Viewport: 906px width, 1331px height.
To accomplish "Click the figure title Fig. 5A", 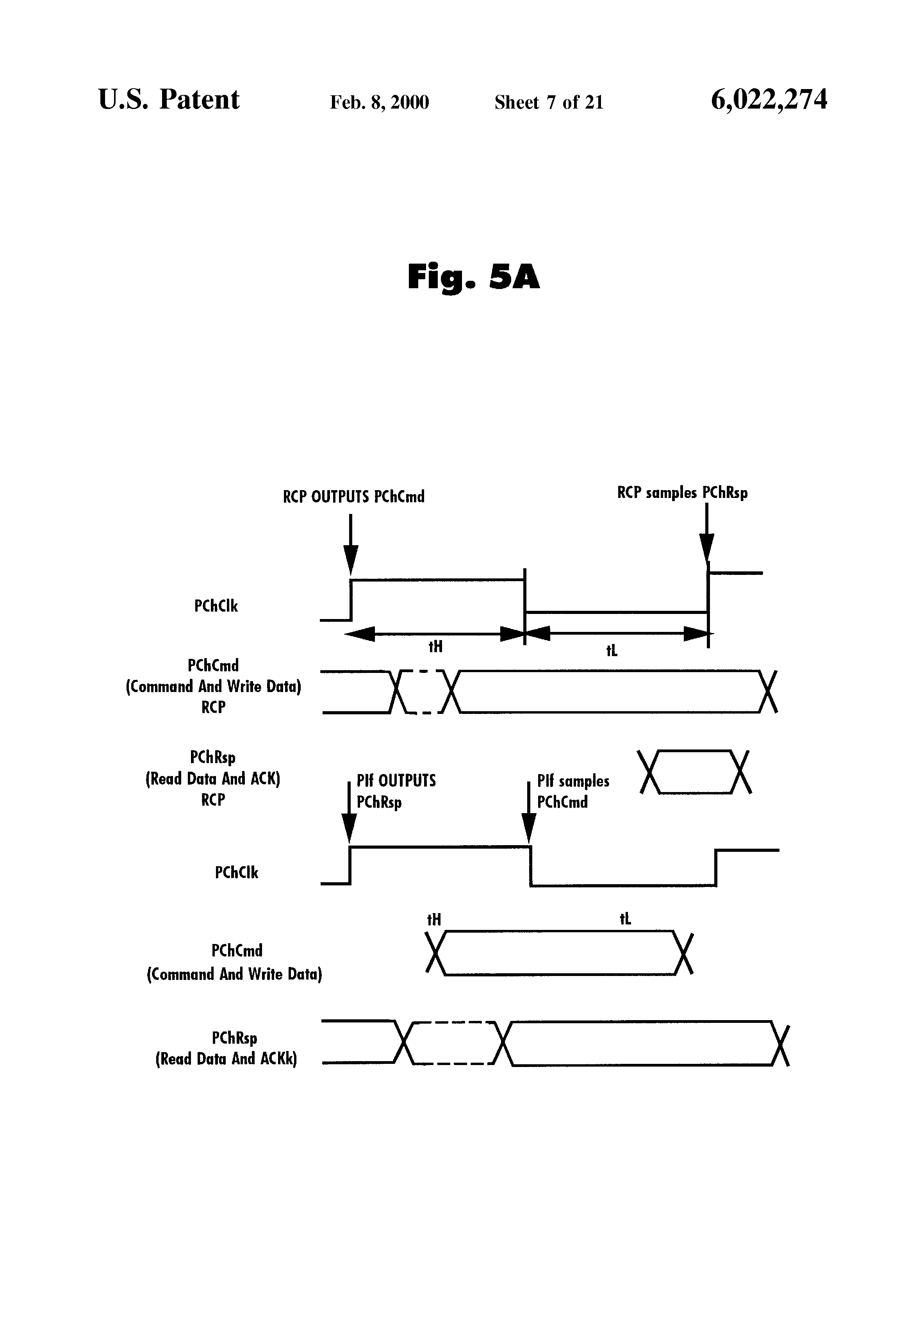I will (x=473, y=277).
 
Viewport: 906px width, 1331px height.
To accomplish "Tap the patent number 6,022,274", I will (x=769, y=100).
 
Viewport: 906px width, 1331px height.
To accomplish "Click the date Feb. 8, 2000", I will (x=379, y=102).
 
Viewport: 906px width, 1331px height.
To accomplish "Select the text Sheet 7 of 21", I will (x=549, y=102).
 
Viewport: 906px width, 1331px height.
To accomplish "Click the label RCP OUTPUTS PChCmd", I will (x=354, y=496).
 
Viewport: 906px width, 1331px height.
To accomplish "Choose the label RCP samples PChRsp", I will (x=682, y=493).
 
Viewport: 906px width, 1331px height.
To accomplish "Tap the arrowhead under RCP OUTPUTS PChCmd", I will (x=350, y=558).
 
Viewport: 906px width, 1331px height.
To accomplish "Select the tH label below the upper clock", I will (x=435, y=647).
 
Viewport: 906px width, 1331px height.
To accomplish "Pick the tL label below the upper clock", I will (x=612, y=651).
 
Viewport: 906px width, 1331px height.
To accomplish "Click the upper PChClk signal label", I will (x=216, y=606).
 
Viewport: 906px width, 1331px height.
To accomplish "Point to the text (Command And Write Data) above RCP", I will (x=213, y=686).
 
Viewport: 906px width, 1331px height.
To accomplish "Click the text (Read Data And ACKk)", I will (x=226, y=1058).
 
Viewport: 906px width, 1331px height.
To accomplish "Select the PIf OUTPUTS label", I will (x=396, y=781).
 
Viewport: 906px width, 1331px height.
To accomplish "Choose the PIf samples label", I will (x=572, y=781).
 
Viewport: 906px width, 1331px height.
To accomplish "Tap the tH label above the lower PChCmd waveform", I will (x=434, y=919).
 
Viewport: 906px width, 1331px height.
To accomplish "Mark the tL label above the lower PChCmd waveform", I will (x=625, y=919).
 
